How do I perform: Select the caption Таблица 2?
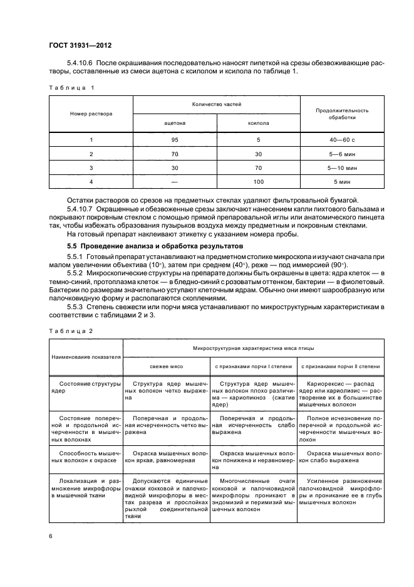[x=71, y=330]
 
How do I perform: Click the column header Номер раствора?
[x=91, y=114]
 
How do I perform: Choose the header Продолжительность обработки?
[x=343, y=114]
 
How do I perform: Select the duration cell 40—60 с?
[x=343, y=140]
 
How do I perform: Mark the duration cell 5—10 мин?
[x=343, y=168]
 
